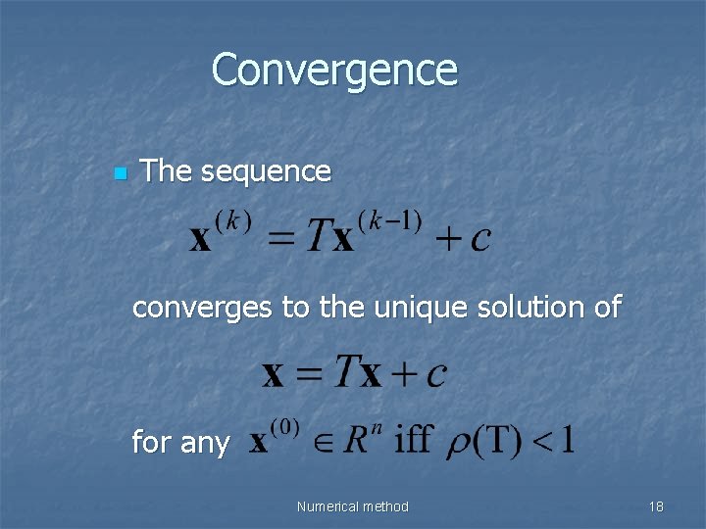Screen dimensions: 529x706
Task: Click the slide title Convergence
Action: point(334,70)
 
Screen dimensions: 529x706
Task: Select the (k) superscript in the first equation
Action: point(234,220)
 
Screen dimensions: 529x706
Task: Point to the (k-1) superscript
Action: point(391,220)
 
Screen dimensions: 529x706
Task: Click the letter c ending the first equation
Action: point(479,240)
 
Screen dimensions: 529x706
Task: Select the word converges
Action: point(203,308)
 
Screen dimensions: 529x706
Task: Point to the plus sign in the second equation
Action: point(406,373)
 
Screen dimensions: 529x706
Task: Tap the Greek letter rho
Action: point(460,443)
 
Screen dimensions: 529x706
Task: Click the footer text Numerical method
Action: point(353,506)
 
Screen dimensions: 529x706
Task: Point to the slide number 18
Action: point(656,506)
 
